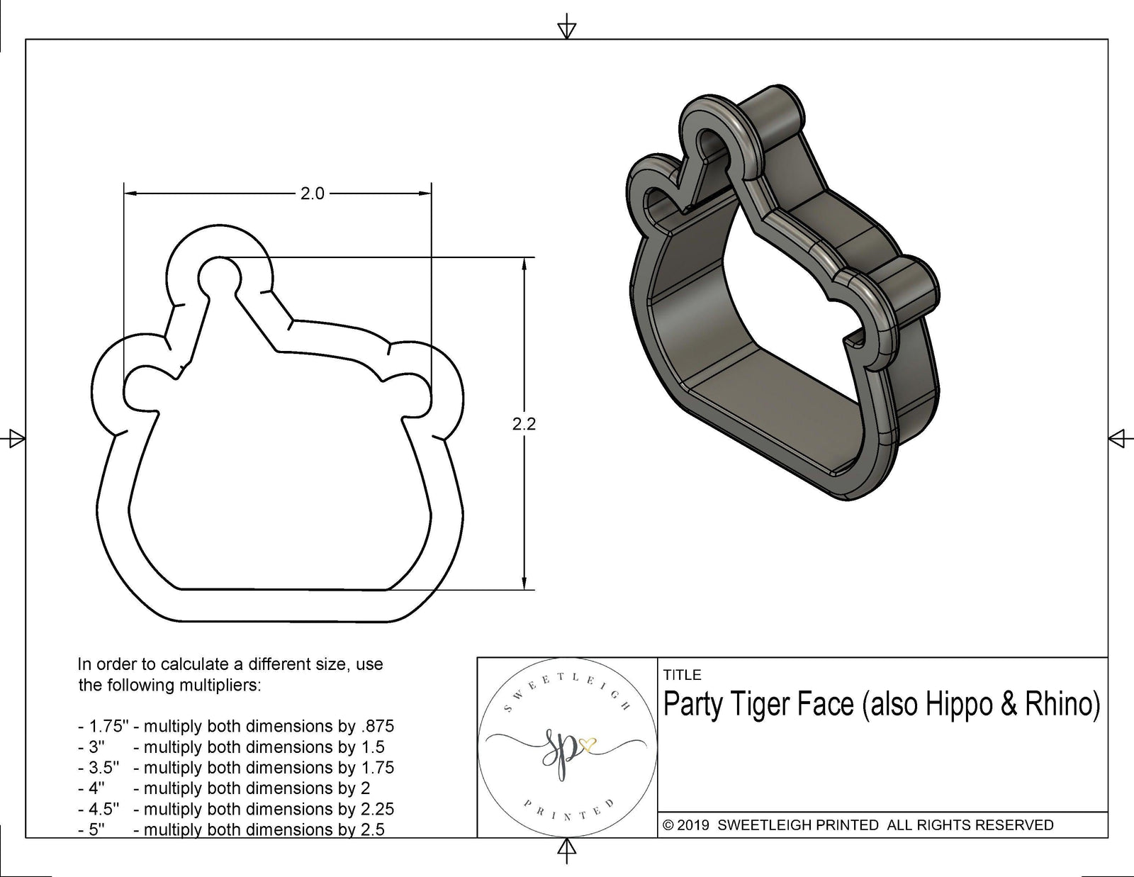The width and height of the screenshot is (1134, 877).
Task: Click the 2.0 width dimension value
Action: click(312, 194)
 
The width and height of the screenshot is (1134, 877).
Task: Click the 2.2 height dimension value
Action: click(524, 424)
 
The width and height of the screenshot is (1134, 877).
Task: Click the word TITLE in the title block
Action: click(682, 675)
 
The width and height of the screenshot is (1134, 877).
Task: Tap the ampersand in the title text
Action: click(1008, 704)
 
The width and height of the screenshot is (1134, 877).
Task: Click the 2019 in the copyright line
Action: click(695, 825)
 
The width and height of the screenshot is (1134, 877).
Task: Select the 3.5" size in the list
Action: click(103, 768)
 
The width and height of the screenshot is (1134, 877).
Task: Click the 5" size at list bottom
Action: click(96, 829)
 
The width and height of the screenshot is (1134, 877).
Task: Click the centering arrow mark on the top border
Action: click(566, 30)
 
